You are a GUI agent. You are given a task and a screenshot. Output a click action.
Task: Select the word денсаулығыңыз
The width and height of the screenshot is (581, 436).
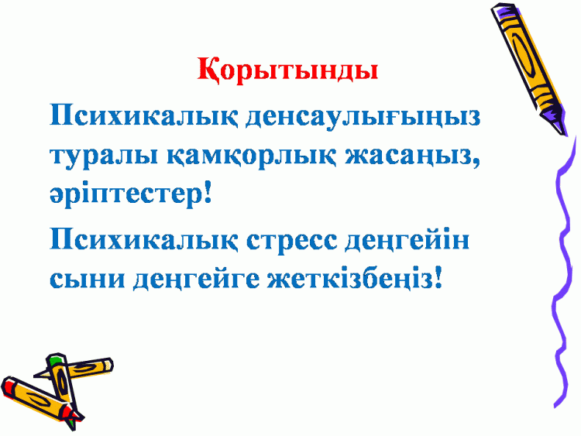[x=363, y=116]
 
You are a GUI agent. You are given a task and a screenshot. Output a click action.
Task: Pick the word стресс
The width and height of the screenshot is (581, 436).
[x=292, y=239]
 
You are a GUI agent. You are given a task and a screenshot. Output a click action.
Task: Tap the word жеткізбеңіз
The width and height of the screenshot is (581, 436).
[x=350, y=280]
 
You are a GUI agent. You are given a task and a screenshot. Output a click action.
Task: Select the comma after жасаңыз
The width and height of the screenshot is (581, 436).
[x=476, y=162]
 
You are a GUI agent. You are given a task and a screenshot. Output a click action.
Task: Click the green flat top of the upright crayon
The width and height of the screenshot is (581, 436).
[x=56, y=359]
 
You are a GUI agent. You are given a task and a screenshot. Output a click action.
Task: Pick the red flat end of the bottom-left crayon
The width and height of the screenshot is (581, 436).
[x=9, y=385]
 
